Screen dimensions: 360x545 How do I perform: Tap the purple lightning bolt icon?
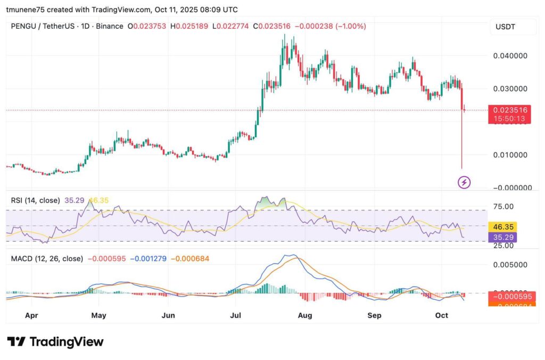(x=464, y=183)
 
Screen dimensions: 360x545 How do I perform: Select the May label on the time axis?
(x=98, y=315)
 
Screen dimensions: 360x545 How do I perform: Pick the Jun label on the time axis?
(x=168, y=315)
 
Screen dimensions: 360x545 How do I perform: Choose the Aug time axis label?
(x=304, y=315)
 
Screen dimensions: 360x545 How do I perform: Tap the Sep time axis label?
(x=374, y=315)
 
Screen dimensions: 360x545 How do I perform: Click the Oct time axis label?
(x=441, y=315)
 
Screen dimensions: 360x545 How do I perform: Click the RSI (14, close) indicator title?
(x=36, y=201)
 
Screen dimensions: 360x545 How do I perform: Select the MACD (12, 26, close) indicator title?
(x=47, y=259)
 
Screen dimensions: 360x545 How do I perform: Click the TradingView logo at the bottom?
(x=55, y=342)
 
